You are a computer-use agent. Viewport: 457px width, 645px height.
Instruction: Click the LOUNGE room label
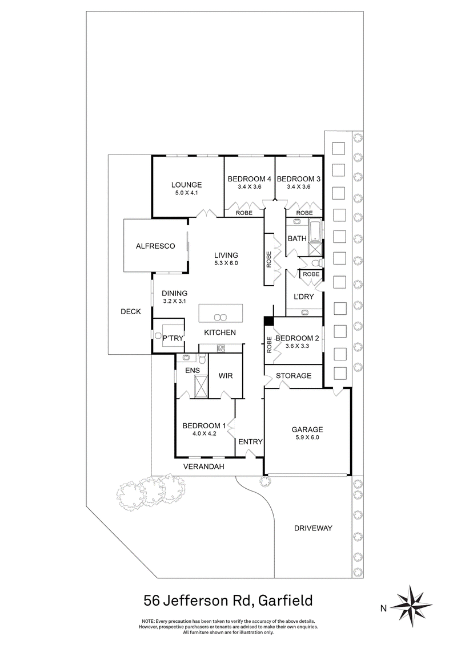point(187,184)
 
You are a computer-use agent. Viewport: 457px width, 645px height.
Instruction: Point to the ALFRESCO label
point(155,246)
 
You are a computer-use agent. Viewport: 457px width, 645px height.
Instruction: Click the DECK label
point(130,311)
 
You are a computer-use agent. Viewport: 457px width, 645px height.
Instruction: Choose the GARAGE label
point(308,429)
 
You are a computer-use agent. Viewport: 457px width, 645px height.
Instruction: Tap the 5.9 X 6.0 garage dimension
point(308,438)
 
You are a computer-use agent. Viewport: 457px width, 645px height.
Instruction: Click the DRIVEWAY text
point(312,528)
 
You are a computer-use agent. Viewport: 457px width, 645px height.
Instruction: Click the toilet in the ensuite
point(201,358)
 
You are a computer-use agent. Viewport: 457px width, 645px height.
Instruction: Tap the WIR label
point(227,376)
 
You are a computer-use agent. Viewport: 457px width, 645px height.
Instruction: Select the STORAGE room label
point(294,376)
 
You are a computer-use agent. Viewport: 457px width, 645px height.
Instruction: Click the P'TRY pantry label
point(173,338)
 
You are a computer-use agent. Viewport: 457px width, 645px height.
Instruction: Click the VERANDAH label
point(203,466)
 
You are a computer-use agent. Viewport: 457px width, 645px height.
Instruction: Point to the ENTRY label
point(250,441)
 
